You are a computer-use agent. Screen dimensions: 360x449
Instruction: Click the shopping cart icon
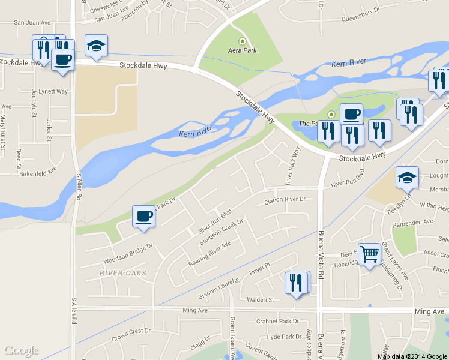[369, 254]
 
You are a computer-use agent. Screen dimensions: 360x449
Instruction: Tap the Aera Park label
[242, 50]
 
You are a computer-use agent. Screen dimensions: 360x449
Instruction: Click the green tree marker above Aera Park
[242, 41]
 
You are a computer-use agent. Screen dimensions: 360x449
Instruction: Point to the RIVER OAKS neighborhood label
[124, 274]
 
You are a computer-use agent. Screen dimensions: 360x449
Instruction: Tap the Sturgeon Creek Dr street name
[220, 232]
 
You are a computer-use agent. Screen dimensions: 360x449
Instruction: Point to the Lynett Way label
[53, 91]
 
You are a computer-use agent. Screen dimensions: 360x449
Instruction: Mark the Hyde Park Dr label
[284, 337]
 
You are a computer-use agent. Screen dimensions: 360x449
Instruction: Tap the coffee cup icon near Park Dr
[143, 217]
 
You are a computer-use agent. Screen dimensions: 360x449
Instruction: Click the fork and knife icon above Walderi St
[295, 283]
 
